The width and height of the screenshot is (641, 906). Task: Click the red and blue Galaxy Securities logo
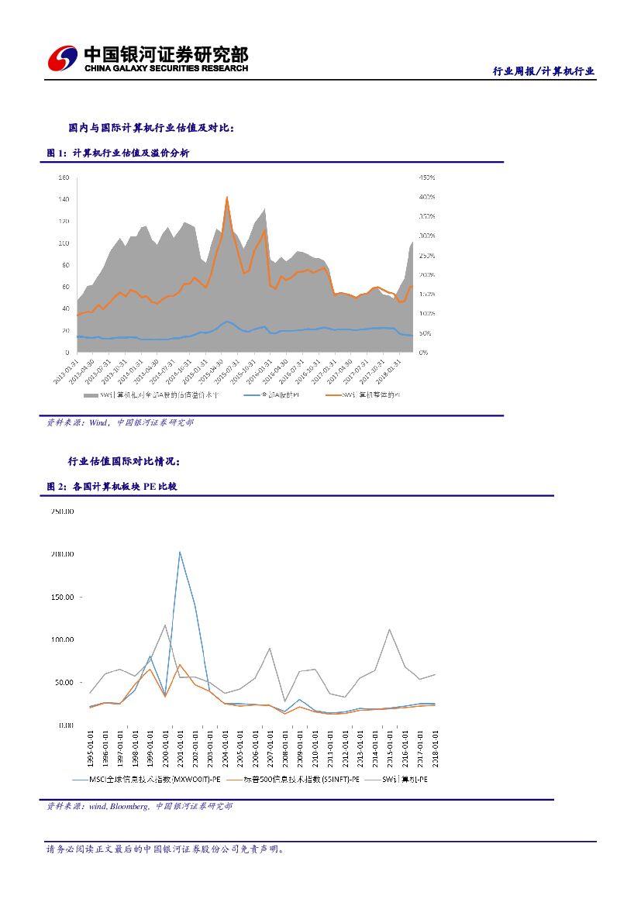pos(63,59)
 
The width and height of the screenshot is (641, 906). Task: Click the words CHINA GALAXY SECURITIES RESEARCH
pos(166,68)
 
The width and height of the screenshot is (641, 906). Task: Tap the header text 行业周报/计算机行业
pos(543,71)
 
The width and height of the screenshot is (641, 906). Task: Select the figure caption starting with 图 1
pos(118,153)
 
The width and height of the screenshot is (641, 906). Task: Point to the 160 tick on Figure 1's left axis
pos(64,177)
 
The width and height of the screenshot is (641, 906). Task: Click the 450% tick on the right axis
pos(427,177)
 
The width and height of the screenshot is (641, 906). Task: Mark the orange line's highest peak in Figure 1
pos(226,197)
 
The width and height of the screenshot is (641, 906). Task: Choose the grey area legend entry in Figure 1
pos(151,395)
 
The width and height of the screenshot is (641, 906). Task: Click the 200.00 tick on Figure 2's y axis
pos(62,554)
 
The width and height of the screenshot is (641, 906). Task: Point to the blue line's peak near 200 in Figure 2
pos(180,552)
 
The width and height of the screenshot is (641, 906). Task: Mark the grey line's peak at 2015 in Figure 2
pos(389,629)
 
